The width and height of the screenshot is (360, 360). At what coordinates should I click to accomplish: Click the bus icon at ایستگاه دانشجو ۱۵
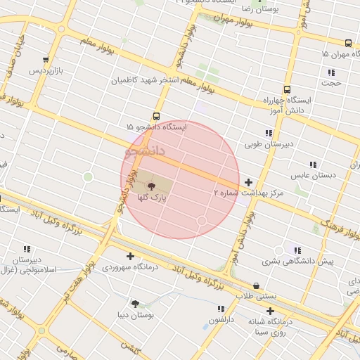[x=155, y=117]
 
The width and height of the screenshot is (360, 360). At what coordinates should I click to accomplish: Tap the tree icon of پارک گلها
[x=151, y=186]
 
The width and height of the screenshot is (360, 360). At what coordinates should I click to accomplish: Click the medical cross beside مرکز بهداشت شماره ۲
[x=248, y=183]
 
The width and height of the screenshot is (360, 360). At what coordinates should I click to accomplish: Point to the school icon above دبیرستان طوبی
[x=268, y=133]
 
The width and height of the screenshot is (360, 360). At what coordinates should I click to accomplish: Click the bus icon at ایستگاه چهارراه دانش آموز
[x=286, y=89]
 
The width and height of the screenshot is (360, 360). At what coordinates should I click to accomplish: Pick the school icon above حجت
[x=330, y=72]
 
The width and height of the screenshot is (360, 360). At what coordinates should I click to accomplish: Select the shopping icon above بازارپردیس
[x=46, y=60]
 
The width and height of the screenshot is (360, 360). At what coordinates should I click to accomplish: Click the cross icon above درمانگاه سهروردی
[x=130, y=256]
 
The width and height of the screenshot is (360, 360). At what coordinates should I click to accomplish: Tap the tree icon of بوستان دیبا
[x=135, y=304]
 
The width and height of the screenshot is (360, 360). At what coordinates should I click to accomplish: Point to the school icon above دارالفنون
[x=221, y=309]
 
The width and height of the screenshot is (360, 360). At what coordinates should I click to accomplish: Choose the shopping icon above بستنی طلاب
[x=255, y=286]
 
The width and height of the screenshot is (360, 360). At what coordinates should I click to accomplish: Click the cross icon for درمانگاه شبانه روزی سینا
[x=270, y=311]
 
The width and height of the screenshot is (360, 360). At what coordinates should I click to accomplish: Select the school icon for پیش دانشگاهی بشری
[x=297, y=250]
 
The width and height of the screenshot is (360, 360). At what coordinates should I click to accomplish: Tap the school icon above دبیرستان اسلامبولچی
[x=27, y=249]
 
